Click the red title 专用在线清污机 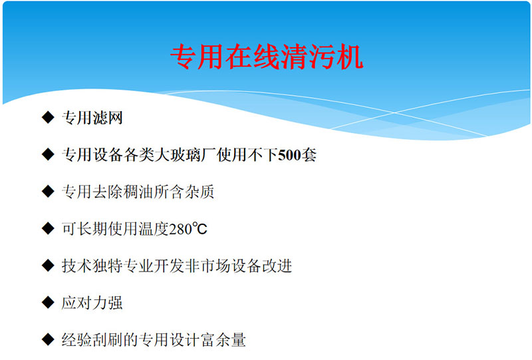[267, 57]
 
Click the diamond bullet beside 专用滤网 [48, 117]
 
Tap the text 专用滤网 [92, 118]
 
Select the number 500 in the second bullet [289, 155]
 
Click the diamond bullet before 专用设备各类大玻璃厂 [48, 154]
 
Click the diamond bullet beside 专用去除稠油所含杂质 [48, 191]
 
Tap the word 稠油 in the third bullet [138, 192]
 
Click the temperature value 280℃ [188, 229]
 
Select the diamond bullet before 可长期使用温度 [48, 228]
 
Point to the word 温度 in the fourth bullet [154, 229]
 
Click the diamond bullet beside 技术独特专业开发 [48, 266]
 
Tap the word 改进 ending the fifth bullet [277, 266]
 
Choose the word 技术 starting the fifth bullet [76, 266]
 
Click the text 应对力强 [92, 303]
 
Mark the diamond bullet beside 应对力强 [48, 302]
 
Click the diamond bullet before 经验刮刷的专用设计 [48, 339]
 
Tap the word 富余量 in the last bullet [223, 340]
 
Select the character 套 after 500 [309, 155]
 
